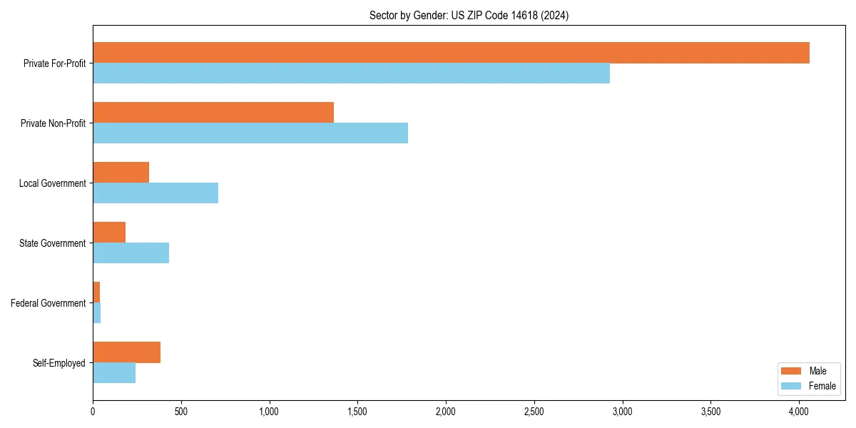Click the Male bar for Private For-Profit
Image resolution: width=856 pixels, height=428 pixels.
coord(451,53)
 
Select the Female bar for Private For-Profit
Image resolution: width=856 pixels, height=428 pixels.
coord(351,73)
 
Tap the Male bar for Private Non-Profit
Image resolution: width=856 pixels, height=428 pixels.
coord(213,113)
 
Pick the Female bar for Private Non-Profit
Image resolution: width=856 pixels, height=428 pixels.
coord(250,133)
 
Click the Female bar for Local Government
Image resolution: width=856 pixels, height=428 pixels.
coord(156,193)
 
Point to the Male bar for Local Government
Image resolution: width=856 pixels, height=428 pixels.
coord(121,173)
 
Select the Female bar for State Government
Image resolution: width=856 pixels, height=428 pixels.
coord(131,253)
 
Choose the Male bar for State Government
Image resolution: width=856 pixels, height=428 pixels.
coord(109,233)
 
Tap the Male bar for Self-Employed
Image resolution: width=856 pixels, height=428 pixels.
coord(126,352)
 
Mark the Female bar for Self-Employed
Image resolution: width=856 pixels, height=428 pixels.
coord(114,373)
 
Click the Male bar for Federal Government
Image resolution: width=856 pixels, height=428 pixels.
coord(96,292)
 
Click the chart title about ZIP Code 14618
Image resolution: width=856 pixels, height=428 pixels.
coord(469,15)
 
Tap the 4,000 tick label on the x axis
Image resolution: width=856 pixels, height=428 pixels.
coord(799,412)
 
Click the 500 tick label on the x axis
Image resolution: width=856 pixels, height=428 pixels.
coord(181,412)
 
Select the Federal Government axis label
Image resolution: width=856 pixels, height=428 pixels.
coord(49,303)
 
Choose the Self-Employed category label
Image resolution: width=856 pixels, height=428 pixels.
coord(59,363)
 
